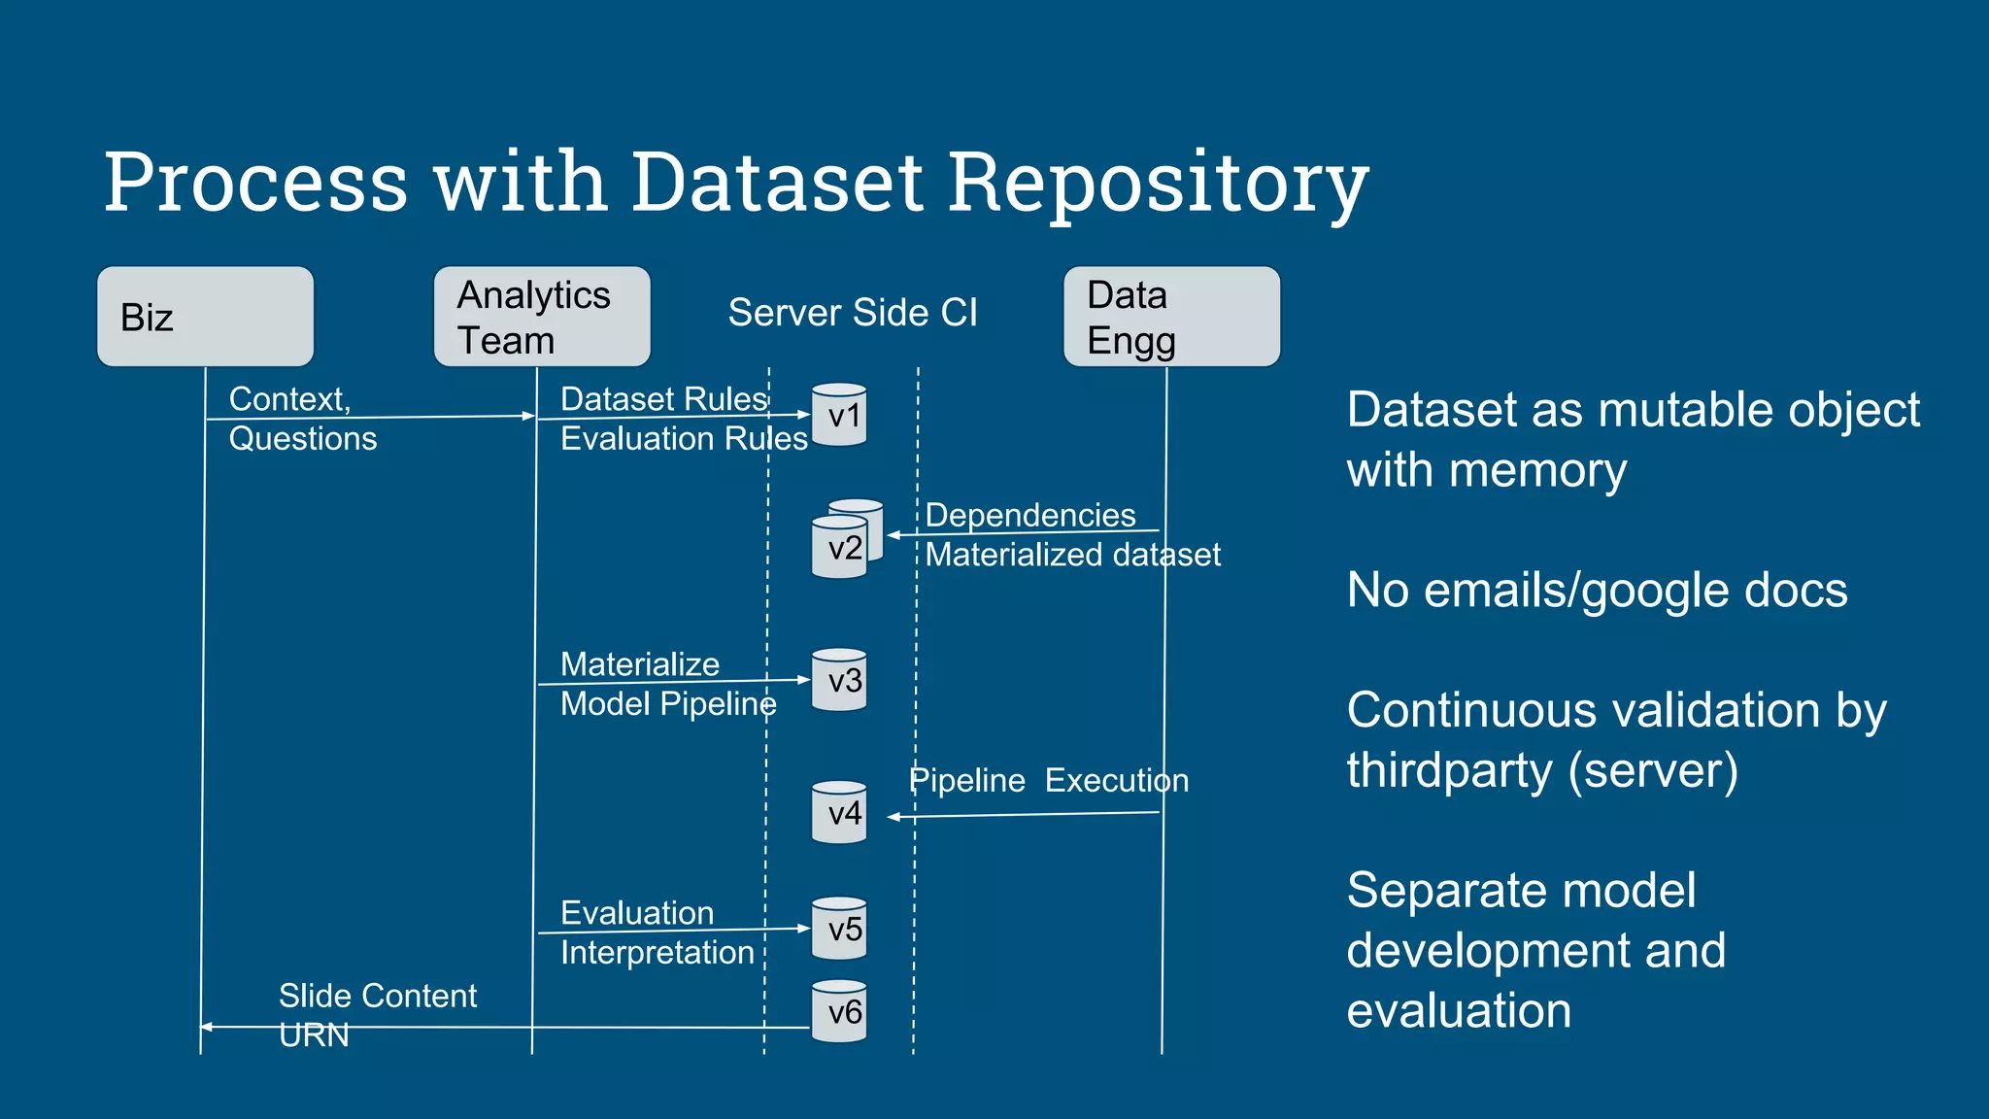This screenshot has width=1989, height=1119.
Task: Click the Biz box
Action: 205,317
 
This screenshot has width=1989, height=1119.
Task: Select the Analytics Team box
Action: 541,317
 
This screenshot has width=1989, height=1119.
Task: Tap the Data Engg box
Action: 1171,317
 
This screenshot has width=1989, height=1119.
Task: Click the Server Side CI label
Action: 852,313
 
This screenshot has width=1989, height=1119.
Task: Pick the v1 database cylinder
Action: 839,416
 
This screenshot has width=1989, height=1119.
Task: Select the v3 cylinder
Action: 839,680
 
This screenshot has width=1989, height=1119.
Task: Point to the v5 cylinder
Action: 839,929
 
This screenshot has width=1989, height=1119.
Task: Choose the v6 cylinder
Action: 839,1012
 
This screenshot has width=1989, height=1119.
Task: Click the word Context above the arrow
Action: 287,399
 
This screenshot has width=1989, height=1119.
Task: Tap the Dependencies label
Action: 1029,515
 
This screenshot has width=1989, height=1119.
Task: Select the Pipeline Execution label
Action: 1048,780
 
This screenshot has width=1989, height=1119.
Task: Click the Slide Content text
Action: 377,996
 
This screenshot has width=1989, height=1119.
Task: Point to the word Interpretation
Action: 657,952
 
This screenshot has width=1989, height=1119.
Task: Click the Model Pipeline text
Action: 667,703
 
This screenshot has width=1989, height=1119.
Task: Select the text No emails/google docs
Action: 1597,590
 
